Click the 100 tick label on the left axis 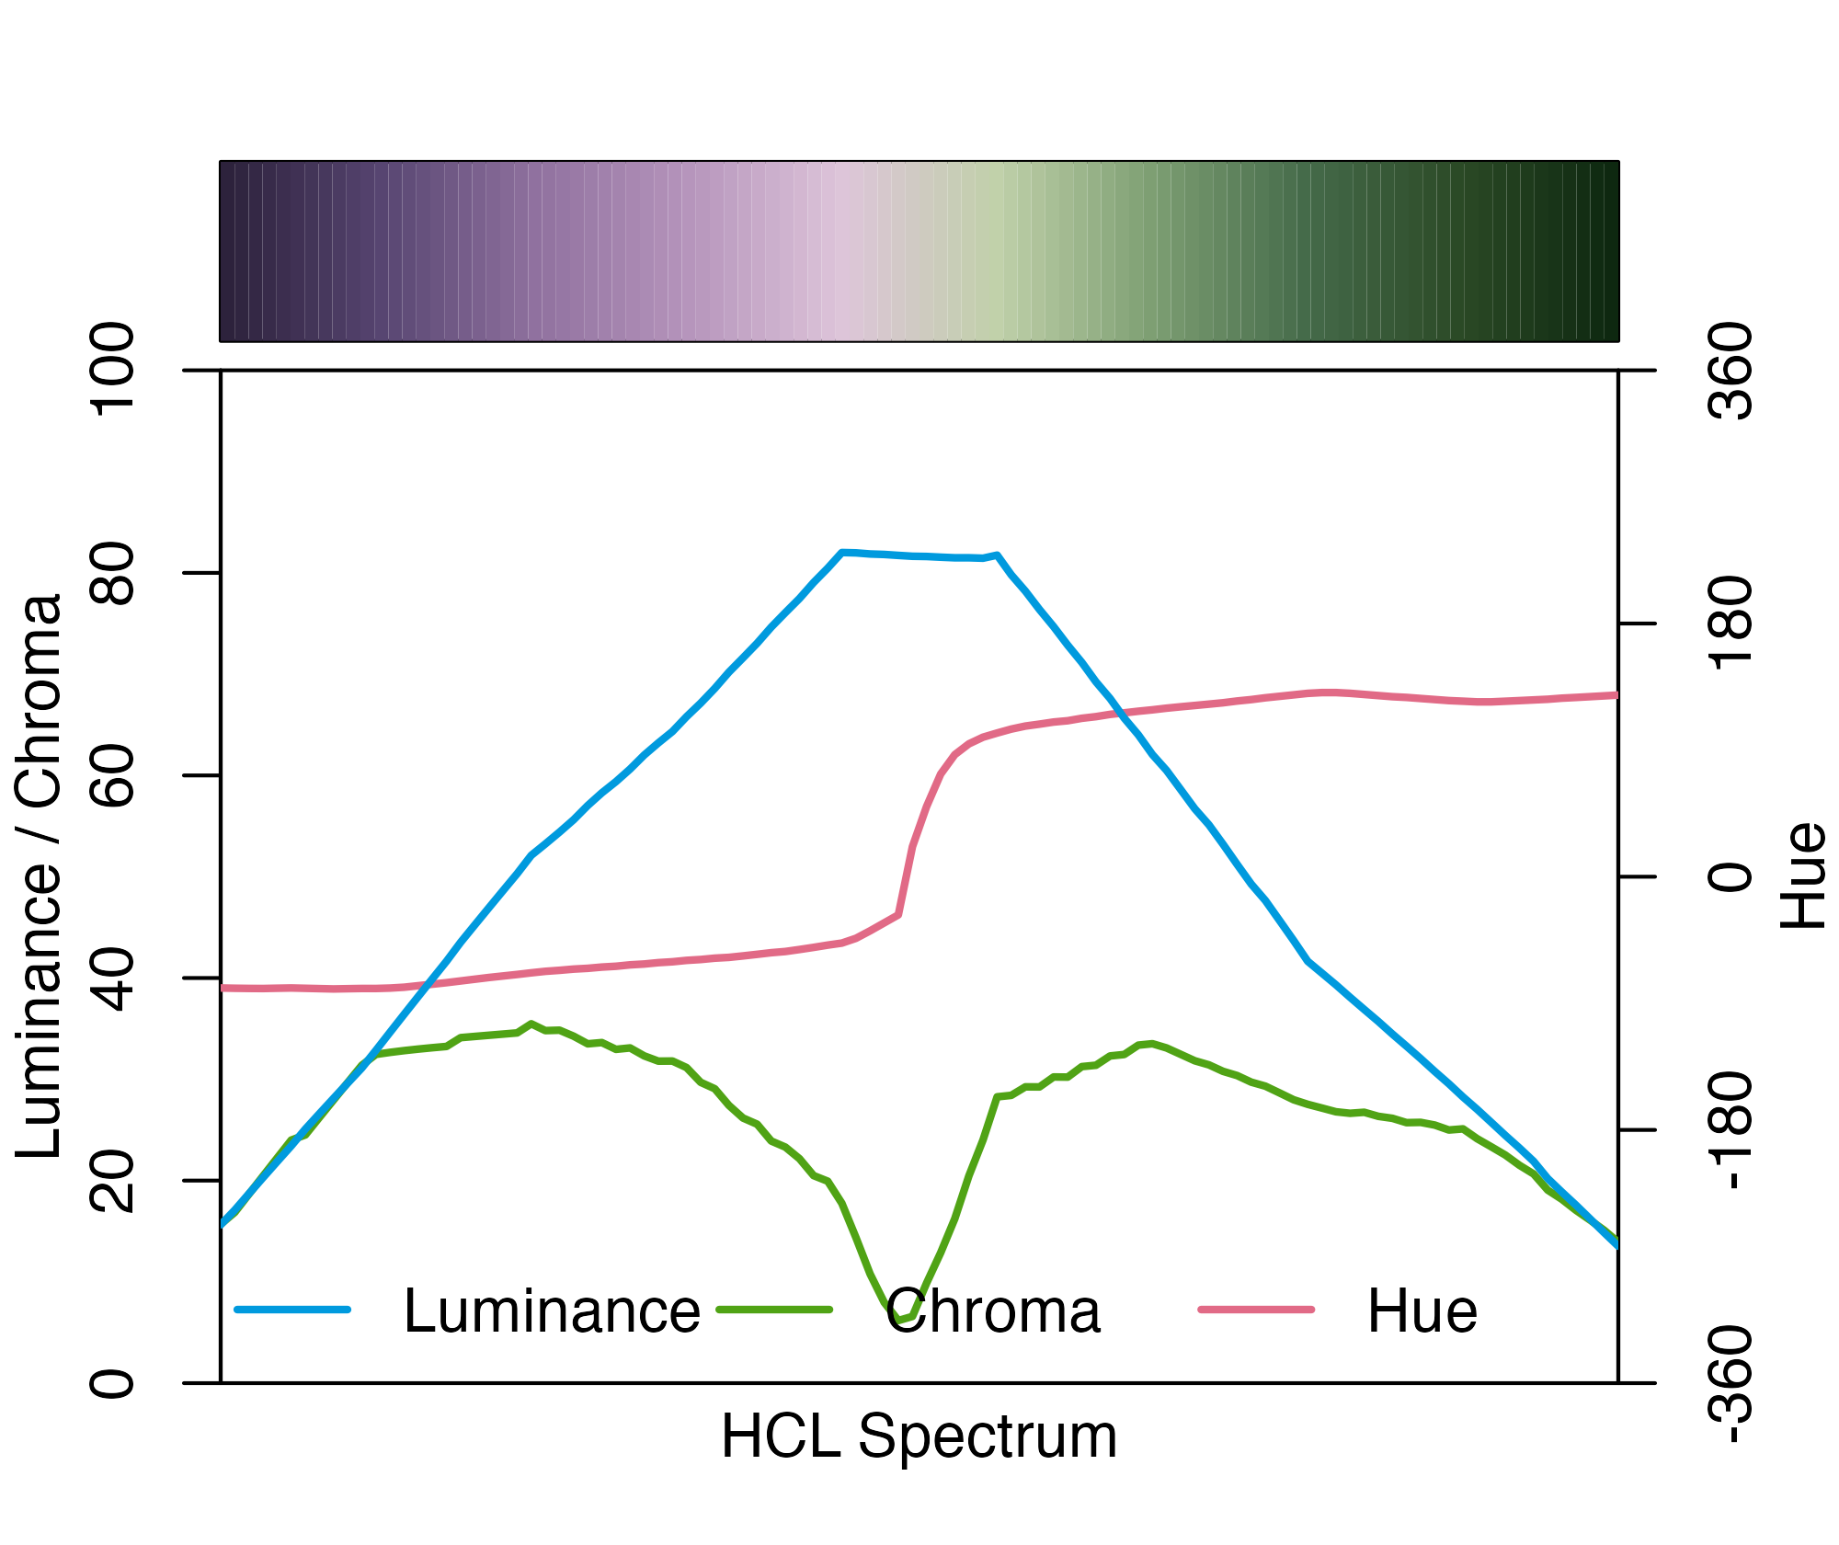(112, 370)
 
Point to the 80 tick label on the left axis (112, 573)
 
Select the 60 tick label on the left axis (112, 775)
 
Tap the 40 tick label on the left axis (112, 978)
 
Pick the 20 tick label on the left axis (112, 1180)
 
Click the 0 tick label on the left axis (112, 1382)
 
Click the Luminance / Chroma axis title (39, 876)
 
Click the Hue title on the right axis (1802, 876)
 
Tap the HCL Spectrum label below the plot (919, 1436)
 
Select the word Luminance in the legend (552, 1310)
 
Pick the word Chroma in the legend (993, 1310)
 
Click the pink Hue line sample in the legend (1256, 1309)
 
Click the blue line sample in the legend (292, 1309)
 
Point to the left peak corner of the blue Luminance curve (841, 552)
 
